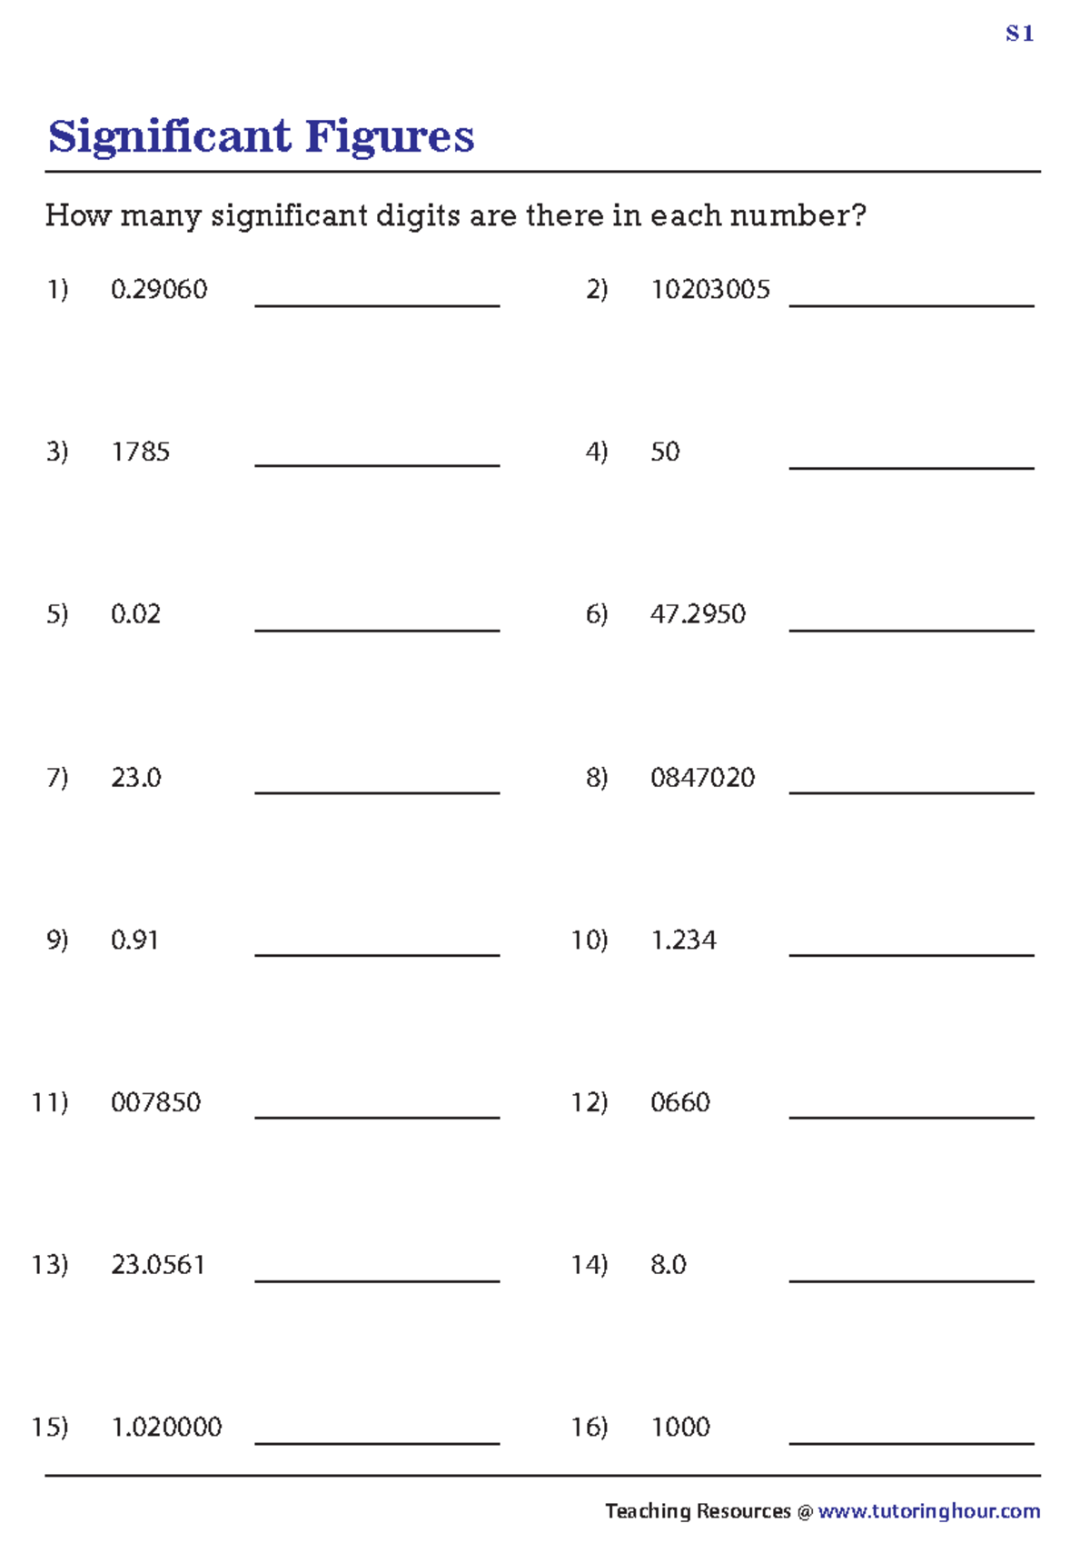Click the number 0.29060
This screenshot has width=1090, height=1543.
coord(159,290)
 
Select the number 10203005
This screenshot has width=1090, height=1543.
coord(709,290)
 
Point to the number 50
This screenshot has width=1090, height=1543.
coord(665,452)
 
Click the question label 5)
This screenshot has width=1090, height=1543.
coord(57,614)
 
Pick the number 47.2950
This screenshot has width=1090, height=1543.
coord(698,614)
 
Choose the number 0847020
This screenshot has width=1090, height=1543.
coord(702,778)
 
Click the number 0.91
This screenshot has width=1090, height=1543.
coord(134,940)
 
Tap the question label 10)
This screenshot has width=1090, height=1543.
coord(589,940)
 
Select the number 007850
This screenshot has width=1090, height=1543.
coord(155,1102)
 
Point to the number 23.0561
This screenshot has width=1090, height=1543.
coord(158,1265)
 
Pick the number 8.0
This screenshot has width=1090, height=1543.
coord(669,1265)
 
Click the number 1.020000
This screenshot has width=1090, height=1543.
coord(166,1427)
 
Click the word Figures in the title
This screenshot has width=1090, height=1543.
coord(389,137)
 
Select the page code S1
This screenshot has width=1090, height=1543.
coord(1019,35)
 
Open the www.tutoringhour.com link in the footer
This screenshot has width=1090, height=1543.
coord(928,1510)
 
